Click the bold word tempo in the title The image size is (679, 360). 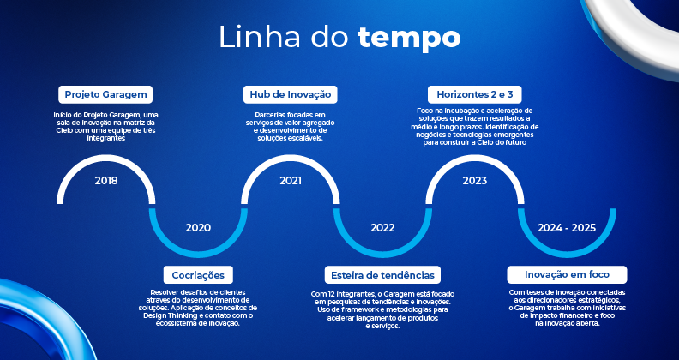click(409, 38)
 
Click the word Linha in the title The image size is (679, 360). click(260, 37)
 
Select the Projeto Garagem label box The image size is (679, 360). click(105, 94)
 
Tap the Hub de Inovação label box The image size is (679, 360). click(290, 94)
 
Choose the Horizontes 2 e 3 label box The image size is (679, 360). click(475, 94)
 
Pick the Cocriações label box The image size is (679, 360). click(198, 275)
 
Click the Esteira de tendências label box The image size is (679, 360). click(382, 275)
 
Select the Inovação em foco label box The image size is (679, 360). click(567, 275)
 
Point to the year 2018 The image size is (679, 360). click(106, 181)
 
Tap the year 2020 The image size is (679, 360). click(198, 228)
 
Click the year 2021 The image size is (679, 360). click(291, 181)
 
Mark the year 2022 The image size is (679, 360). click(383, 228)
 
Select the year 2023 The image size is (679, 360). click(475, 181)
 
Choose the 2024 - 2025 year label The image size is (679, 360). click(567, 228)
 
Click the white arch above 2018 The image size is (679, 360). click(106, 158)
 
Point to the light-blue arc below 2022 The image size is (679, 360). click(383, 255)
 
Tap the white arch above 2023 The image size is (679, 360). click(475, 158)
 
